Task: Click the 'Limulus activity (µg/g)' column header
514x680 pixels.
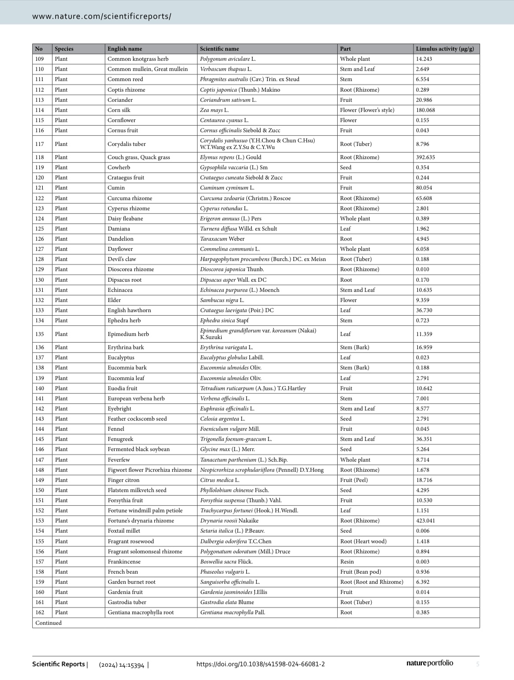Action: pos(445,49)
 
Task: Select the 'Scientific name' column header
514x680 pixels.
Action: pos(219,49)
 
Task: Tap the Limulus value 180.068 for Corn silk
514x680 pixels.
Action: pos(425,110)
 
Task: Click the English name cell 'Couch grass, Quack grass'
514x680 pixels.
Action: pos(139,157)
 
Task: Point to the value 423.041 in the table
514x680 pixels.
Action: pos(425,521)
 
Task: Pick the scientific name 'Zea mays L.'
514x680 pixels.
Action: pos(214,110)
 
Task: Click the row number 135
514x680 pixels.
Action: pos(40,334)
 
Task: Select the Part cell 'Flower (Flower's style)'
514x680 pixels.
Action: pos(367,110)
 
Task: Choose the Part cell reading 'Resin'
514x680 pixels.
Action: pos(347,562)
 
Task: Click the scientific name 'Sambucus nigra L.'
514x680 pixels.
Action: pos(222,300)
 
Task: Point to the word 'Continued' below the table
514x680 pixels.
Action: pos(48,623)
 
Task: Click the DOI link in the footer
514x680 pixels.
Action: pos(261,664)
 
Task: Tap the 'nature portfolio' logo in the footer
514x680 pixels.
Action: pos(429,663)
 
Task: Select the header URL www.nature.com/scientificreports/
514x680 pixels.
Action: pos(102,17)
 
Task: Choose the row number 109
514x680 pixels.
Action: pos(40,59)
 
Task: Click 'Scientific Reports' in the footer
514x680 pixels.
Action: pos(59,664)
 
